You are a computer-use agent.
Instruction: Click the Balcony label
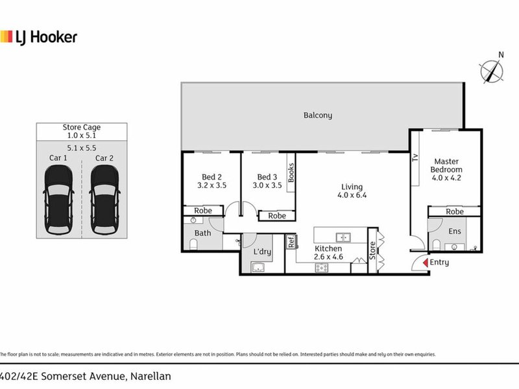[318, 115]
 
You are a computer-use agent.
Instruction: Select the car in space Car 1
[57, 200]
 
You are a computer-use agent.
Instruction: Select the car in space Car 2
[104, 200]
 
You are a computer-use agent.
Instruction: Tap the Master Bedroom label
[447, 169]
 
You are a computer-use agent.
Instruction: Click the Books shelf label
[291, 173]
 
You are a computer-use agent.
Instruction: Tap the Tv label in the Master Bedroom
[415, 157]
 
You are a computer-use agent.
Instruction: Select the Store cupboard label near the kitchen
[372, 251]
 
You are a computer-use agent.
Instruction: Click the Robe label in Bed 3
[277, 217]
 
